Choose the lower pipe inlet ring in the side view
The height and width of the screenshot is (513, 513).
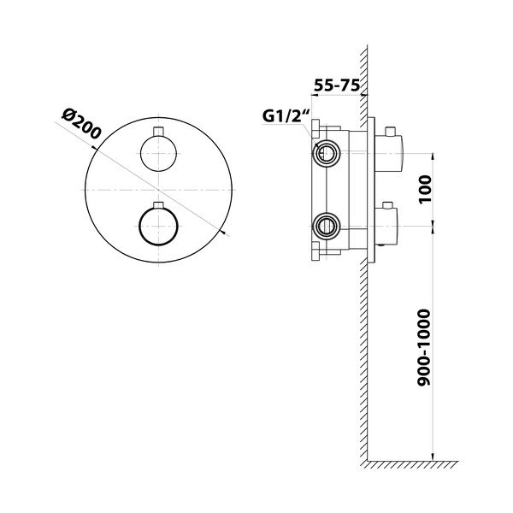pyautogui.click(x=324, y=226)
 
